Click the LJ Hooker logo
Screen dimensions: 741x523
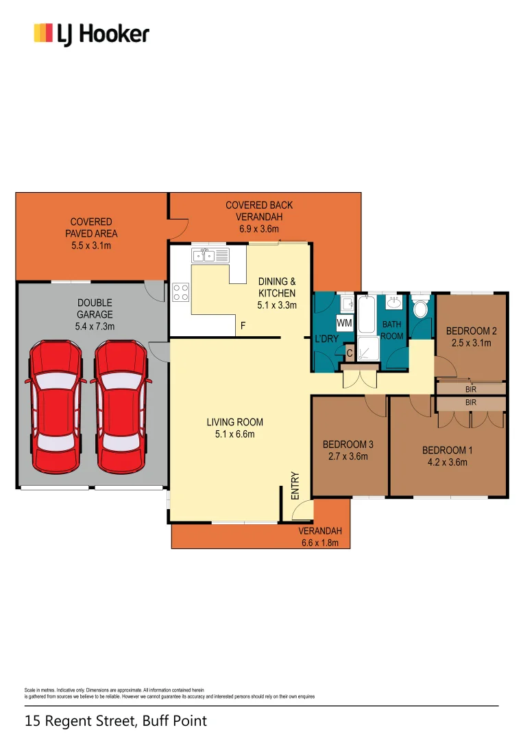pos(91,34)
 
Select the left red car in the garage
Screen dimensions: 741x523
pos(57,407)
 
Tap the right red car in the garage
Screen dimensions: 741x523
pos(119,407)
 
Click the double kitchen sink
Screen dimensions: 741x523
pos(204,256)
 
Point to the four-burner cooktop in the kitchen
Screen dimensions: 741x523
pos(181,292)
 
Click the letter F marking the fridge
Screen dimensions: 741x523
pos(242,326)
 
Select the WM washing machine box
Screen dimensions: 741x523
pos(344,322)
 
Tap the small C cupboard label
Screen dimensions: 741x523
pos(349,354)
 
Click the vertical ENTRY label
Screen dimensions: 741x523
pos(295,485)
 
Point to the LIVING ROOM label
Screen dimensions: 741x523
pos(234,422)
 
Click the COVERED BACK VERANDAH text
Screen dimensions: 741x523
pos(259,211)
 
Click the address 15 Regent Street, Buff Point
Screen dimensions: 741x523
pos(115,721)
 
